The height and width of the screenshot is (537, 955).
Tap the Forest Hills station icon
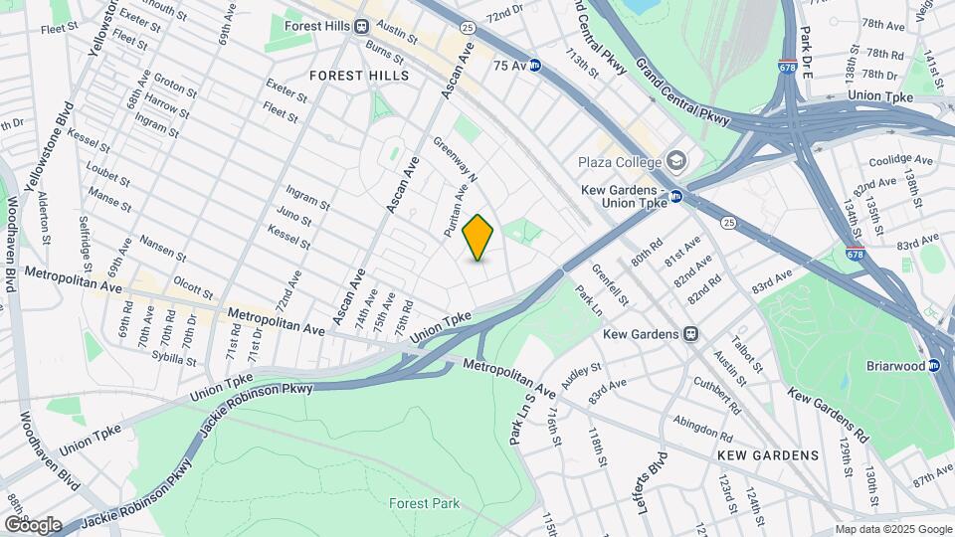click(x=362, y=26)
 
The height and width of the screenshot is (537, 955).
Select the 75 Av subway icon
click(x=534, y=65)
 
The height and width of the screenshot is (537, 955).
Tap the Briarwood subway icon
click(x=934, y=365)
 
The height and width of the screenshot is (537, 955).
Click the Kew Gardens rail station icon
click(x=691, y=334)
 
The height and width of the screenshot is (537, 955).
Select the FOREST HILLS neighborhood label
click(x=359, y=76)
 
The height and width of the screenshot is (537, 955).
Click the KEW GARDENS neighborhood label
click(x=767, y=455)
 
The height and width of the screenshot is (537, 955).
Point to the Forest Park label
click(x=424, y=503)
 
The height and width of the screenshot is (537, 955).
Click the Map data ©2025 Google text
click(x=892, y=529)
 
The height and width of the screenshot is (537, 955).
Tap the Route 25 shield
click(x=729, y=222)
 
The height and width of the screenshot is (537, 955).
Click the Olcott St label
click(x=193, y=288)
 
